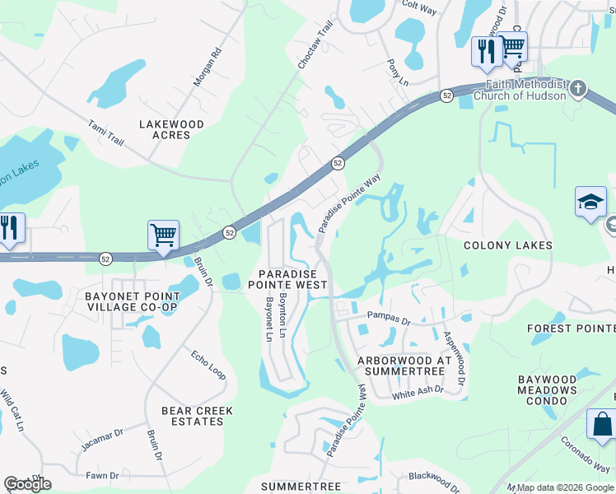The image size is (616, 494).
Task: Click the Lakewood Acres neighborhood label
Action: coord(171,129)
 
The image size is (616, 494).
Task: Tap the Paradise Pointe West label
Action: coord(293,278)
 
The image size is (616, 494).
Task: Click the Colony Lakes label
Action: coord(507,245)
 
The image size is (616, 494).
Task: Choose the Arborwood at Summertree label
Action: coord(401,366)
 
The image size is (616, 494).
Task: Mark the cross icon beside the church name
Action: coord(578,87)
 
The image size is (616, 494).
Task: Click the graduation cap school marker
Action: coord(590,203)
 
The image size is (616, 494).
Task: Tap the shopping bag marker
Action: coord(601,425)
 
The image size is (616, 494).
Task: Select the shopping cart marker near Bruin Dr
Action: coord(163,235)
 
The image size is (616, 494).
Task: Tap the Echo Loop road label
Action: coord(207,365)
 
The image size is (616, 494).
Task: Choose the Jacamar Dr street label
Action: coord(101,440)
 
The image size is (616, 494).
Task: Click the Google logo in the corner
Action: coord(27,484)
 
